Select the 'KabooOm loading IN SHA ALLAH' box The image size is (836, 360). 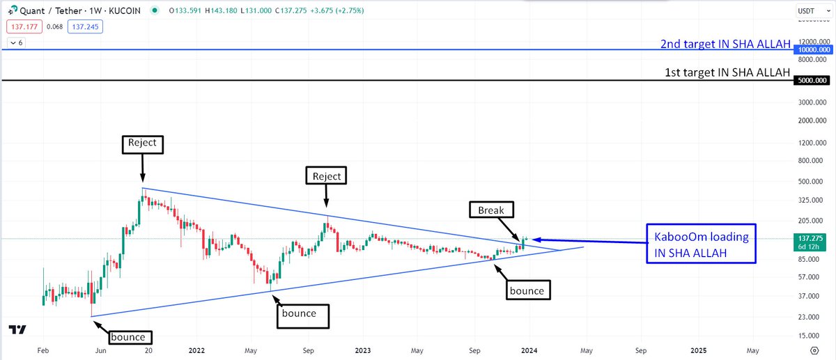(700, 244)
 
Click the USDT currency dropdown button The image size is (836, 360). (812, 11)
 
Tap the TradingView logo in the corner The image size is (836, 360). (17, 330)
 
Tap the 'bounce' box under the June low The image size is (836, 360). (127, 337)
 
